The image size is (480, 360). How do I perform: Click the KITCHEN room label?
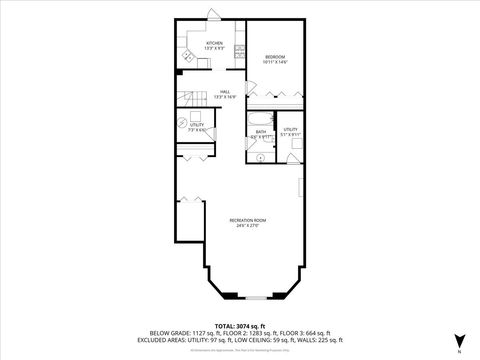(214, 43)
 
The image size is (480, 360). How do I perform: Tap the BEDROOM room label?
(275, 56)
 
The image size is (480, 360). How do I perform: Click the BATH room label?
(260, 130)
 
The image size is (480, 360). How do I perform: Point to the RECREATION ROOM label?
(247, 220)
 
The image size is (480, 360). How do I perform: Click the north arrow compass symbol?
(459, 341)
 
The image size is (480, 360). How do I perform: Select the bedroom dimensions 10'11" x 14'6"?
(275, 62)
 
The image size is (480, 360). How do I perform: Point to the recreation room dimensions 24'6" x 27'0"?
(247, 226)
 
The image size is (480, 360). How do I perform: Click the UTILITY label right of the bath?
(290, 129)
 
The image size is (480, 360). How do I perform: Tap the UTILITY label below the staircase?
(197, 124)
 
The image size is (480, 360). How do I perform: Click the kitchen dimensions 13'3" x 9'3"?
(214, 49)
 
